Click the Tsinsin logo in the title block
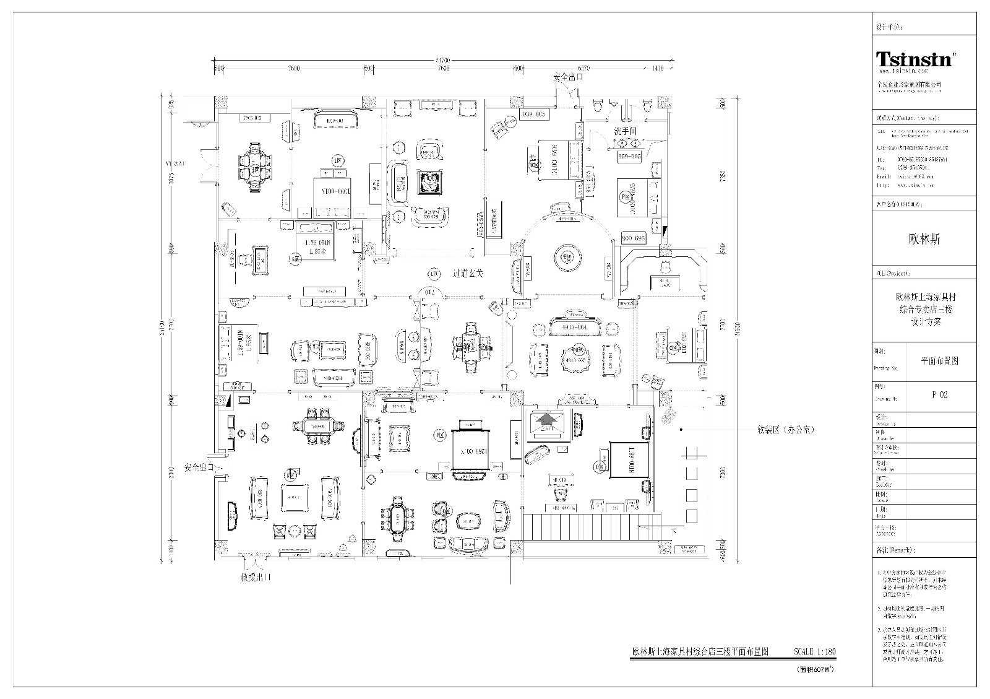click(915, 59)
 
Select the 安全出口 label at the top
click(568, 77)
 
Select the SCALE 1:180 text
click(814, 652)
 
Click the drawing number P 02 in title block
click(939, 395)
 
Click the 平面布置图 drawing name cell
click(939, 360)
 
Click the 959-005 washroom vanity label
click(629, 157)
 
